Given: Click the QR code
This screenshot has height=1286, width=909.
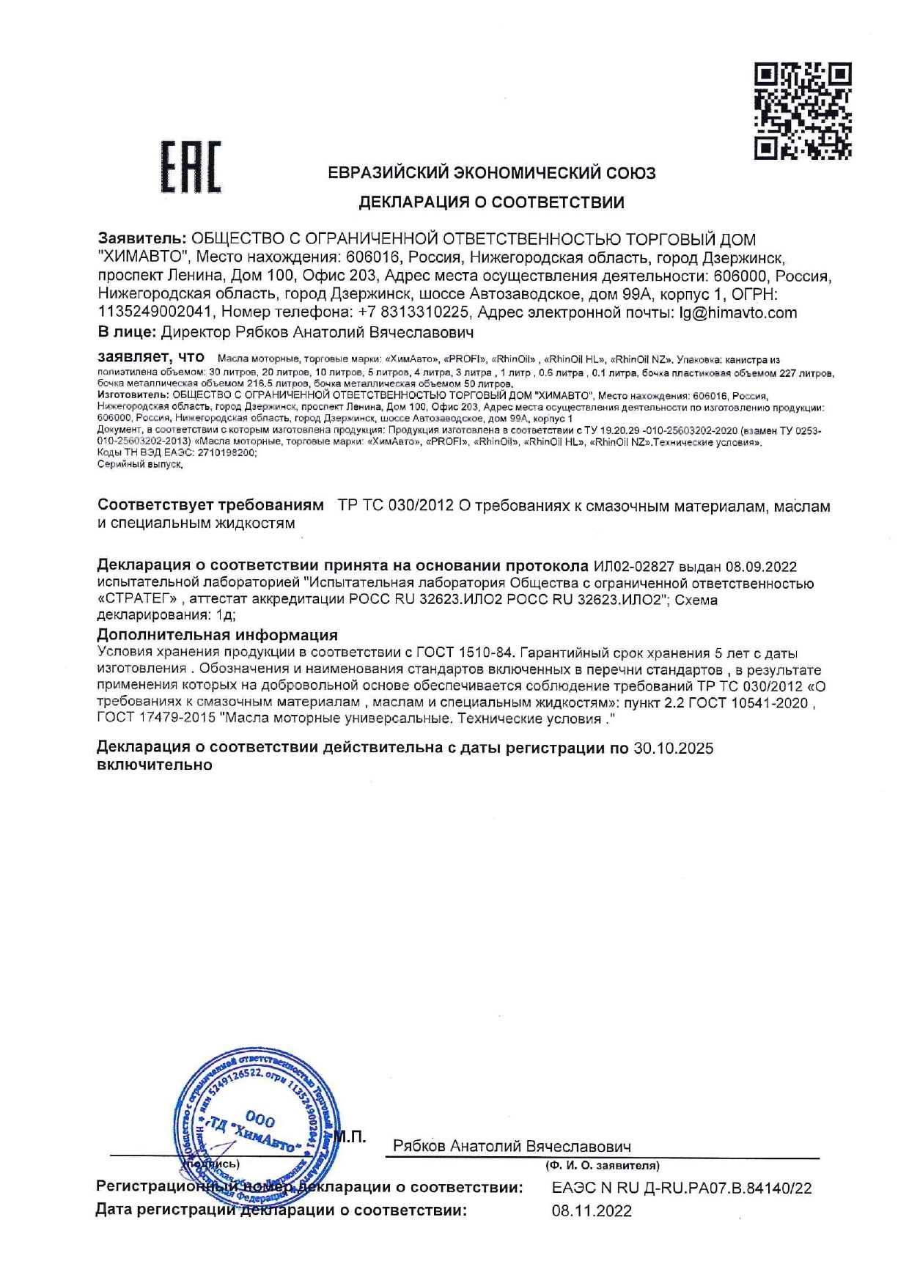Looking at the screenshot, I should [x=803, y=111].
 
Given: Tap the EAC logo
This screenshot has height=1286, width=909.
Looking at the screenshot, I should [x=191, y=167].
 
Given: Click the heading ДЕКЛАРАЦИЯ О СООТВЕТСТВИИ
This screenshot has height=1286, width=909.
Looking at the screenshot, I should [x=491, y=202].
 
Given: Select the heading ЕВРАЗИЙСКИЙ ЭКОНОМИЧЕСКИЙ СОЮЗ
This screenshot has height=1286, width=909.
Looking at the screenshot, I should [x=491, y=174].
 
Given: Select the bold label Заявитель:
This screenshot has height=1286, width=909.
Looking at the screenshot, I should [x=142, y=240].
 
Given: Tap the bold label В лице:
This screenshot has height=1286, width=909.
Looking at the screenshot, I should [x=127, y=332].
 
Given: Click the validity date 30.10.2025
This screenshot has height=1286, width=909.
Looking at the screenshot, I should [x=673, y=749].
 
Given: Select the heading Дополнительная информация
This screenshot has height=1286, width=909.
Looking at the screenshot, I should [x=217, y=635].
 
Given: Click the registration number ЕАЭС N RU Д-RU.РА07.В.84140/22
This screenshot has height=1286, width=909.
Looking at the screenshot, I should [x=682, y=1188].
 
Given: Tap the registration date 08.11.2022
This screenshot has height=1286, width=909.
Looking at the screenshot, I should [x=592, y=1211].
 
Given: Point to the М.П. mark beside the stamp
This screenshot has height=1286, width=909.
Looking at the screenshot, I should [x=350, y=1137].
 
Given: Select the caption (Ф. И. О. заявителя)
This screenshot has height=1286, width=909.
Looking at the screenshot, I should [x=602, y=1165].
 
